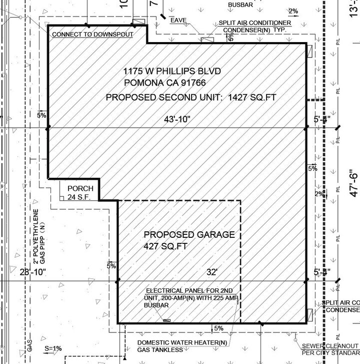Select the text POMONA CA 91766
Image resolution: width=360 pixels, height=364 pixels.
tap(165, 83)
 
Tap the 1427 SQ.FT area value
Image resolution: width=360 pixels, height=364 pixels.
tap(252, 97)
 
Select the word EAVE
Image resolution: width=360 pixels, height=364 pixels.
tap(178, 21)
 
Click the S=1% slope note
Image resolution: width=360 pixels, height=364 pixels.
tap(53, 348)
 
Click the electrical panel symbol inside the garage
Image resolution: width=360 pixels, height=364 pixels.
tap(166, 320)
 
